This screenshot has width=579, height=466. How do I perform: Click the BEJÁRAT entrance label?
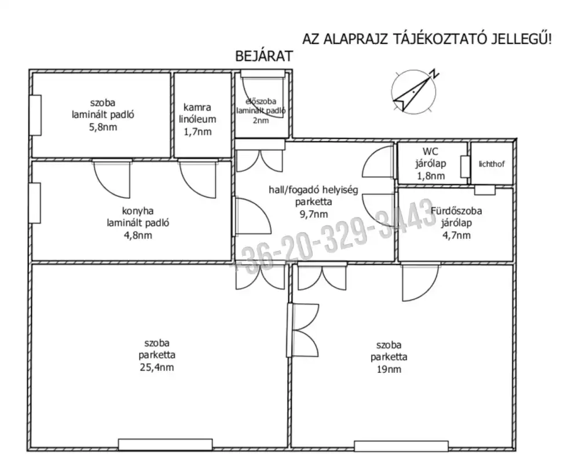point(264,56)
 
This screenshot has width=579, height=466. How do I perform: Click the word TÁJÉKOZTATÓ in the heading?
point(439,39)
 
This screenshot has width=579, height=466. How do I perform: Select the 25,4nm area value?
point(156,367)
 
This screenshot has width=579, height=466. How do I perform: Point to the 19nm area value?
point(389,369)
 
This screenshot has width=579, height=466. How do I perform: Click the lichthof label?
point(491,164)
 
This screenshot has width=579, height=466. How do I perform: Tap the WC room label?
point(430,152)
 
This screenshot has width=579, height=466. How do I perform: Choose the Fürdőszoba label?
point(456,211)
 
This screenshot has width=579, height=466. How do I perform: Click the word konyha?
point(138,211)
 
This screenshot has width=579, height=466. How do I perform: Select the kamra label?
point(197,108)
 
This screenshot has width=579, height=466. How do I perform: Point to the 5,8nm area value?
point(103,127)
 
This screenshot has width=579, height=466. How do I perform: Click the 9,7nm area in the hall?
point(313,214)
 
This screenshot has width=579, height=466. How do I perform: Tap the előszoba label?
point(261,101)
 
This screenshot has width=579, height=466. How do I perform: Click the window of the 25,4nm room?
point(166,445)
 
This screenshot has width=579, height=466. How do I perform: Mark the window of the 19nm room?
point(401,446)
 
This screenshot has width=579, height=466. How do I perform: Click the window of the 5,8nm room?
point(35,115)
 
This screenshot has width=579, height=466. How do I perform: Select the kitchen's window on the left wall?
point(35,203)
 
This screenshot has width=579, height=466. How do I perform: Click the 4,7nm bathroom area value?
point(456,235)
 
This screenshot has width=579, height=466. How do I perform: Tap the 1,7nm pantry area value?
point(197,131)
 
